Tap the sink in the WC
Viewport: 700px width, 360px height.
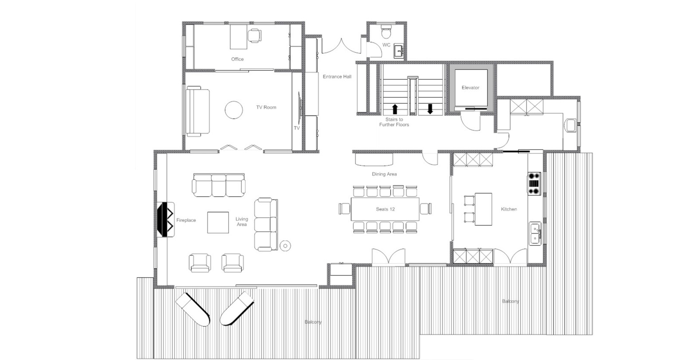[x=398, y=51]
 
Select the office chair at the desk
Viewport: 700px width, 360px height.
[x=254, y=35]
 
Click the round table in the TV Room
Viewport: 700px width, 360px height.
[x=234, y=110]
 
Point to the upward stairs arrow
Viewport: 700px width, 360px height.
[x=395, y=109]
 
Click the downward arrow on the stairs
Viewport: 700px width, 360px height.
[x=430, y=108]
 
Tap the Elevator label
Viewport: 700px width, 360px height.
[x=471, y=88]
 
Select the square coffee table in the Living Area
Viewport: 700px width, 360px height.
[x=218, y=222]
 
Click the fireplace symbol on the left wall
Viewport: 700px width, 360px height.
[x=166, y=219]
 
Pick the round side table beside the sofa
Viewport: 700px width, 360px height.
[x=285, y=246]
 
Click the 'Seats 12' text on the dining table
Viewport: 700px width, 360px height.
[x=385, y=209]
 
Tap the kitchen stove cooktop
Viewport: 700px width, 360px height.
[x=534, y=184]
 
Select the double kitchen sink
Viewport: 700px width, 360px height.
[x=535, y=233]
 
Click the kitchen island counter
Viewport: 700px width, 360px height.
[x=483, y=209]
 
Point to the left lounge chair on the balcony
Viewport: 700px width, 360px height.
[x=192, y=309]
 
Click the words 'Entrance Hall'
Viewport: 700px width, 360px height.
[x=337, y=77]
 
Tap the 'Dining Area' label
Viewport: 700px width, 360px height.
[x=384, y=174]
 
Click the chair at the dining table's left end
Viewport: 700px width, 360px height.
[x=344, y=209]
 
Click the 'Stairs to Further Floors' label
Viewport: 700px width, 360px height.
[x=394, y=122]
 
